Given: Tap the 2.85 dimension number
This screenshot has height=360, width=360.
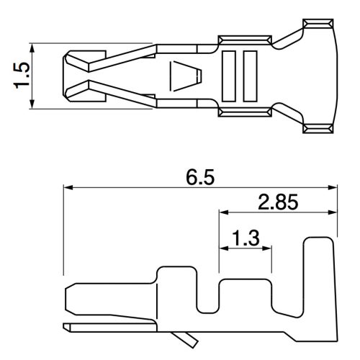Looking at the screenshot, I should point(277,203).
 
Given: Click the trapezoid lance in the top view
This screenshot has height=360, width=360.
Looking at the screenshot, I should point(183,75).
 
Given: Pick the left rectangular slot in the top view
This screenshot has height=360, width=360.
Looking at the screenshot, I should point(230,76).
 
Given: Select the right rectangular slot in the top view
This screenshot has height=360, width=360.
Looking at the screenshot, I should point(250,76).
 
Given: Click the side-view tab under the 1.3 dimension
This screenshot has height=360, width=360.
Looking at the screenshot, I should point(245,292).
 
